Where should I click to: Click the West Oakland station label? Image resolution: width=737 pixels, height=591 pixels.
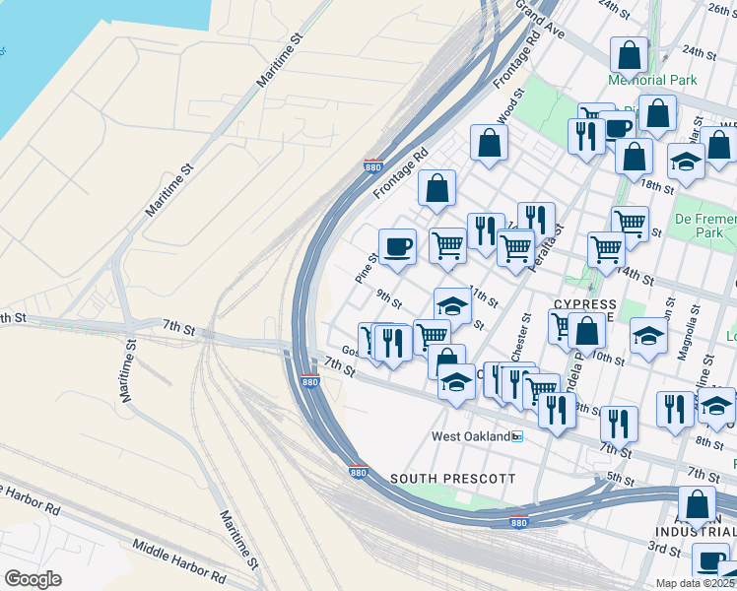(470, 436)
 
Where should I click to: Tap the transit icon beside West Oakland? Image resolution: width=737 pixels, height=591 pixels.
(516, 436)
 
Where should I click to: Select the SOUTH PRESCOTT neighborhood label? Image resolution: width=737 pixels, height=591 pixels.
(452, 479)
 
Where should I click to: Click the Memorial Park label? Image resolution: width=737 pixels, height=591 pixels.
(652, 80)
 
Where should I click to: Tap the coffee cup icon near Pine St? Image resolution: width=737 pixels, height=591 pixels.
(397, 246)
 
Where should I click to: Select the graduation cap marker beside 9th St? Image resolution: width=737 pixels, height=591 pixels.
(452, 304)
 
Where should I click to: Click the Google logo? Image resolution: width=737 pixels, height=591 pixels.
(33, 579)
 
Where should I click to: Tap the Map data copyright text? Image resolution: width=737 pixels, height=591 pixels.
(696, 583)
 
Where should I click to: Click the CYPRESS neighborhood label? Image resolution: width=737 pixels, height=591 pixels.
(584, 304)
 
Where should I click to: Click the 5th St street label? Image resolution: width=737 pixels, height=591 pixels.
(619, 479)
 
